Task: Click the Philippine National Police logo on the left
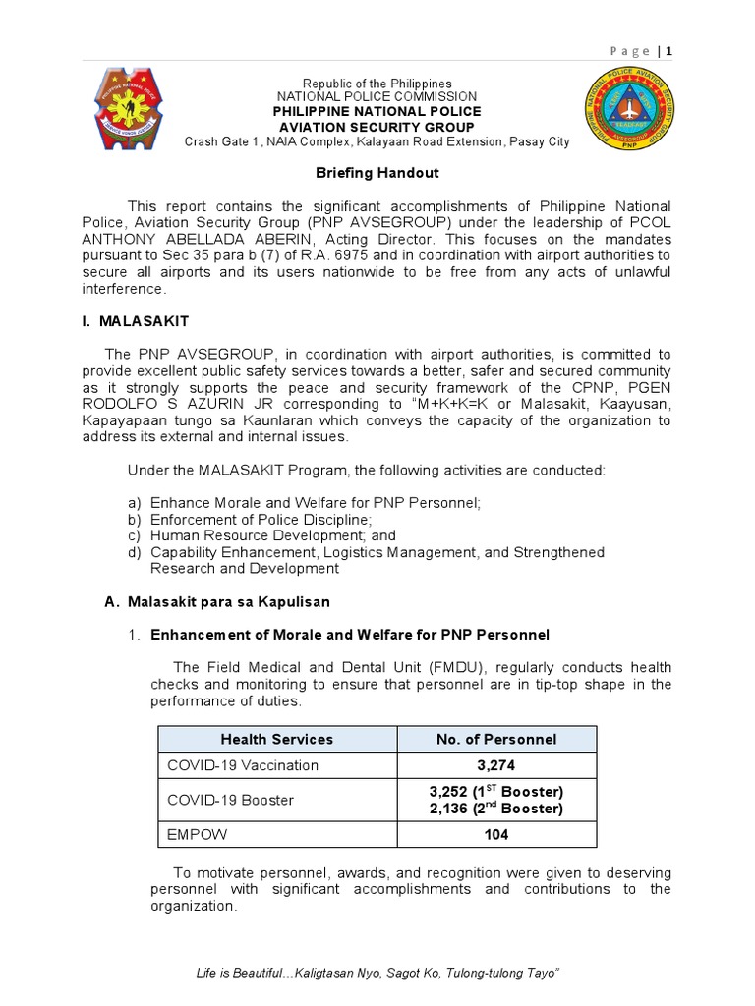pyautogui.click(x=137, y=110)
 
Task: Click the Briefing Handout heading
pyautogui.click(x=377, y=173)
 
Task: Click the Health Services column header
pyautogui.click(x=276, y=739)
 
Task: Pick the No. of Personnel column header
pyautogui.click(x=495, y=739)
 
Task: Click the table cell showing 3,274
pyautogui.click(x=495, y=765)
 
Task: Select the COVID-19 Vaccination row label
pyautogui.click(x=243, y=765)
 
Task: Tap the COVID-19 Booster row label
pyautogui.click(x=231, y=800)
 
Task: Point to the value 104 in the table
pyautogui.click(x=495, y=835)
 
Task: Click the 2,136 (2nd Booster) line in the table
pyautogui.click(x=495, y=809)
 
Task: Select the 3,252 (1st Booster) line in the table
pyautogui.click(x=495, y=791)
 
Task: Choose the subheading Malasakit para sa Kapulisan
pyautogui.click(x=225, y=601)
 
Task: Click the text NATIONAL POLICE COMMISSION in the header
pyautogui.click(x=377, y=97)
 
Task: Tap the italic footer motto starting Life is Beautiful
pyautogui.click(x=377, y=973)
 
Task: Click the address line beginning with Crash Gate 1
pyautogui.click(x=377, y=141)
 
